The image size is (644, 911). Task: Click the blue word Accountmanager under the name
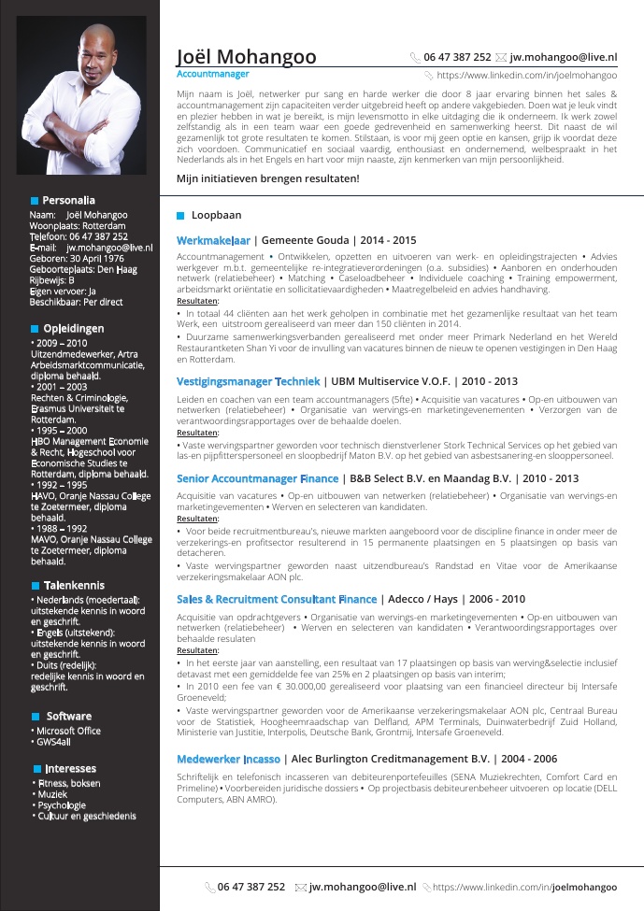(x=213, y=72)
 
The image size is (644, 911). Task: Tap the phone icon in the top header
(x=416, y=57)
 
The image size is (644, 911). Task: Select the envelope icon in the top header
(x=501, y=57)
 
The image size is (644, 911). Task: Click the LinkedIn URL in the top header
(x=526, y=74)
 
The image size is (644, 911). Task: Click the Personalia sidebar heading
(x=68, y=200)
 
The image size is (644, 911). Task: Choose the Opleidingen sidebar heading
(x=73, y=328)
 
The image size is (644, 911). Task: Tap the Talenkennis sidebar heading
(x=74, y=585)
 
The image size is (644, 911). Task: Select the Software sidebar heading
(x=68, y=716)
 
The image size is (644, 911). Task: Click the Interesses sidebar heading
(x=70, y=768)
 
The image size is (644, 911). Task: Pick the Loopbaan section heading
(x=216, y=215)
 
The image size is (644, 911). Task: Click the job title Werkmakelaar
(x=213, y=240)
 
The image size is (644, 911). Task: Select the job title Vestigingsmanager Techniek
(x=248, y=381)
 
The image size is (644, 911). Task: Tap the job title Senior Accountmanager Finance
(x=257, y=478)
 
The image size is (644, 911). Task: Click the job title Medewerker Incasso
(x=228, y=759)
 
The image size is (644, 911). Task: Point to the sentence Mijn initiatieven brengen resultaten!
(x=267, y=178)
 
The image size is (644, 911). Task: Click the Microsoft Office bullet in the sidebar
(x=67, y=731)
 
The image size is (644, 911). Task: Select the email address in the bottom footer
(x=363, y=887)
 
